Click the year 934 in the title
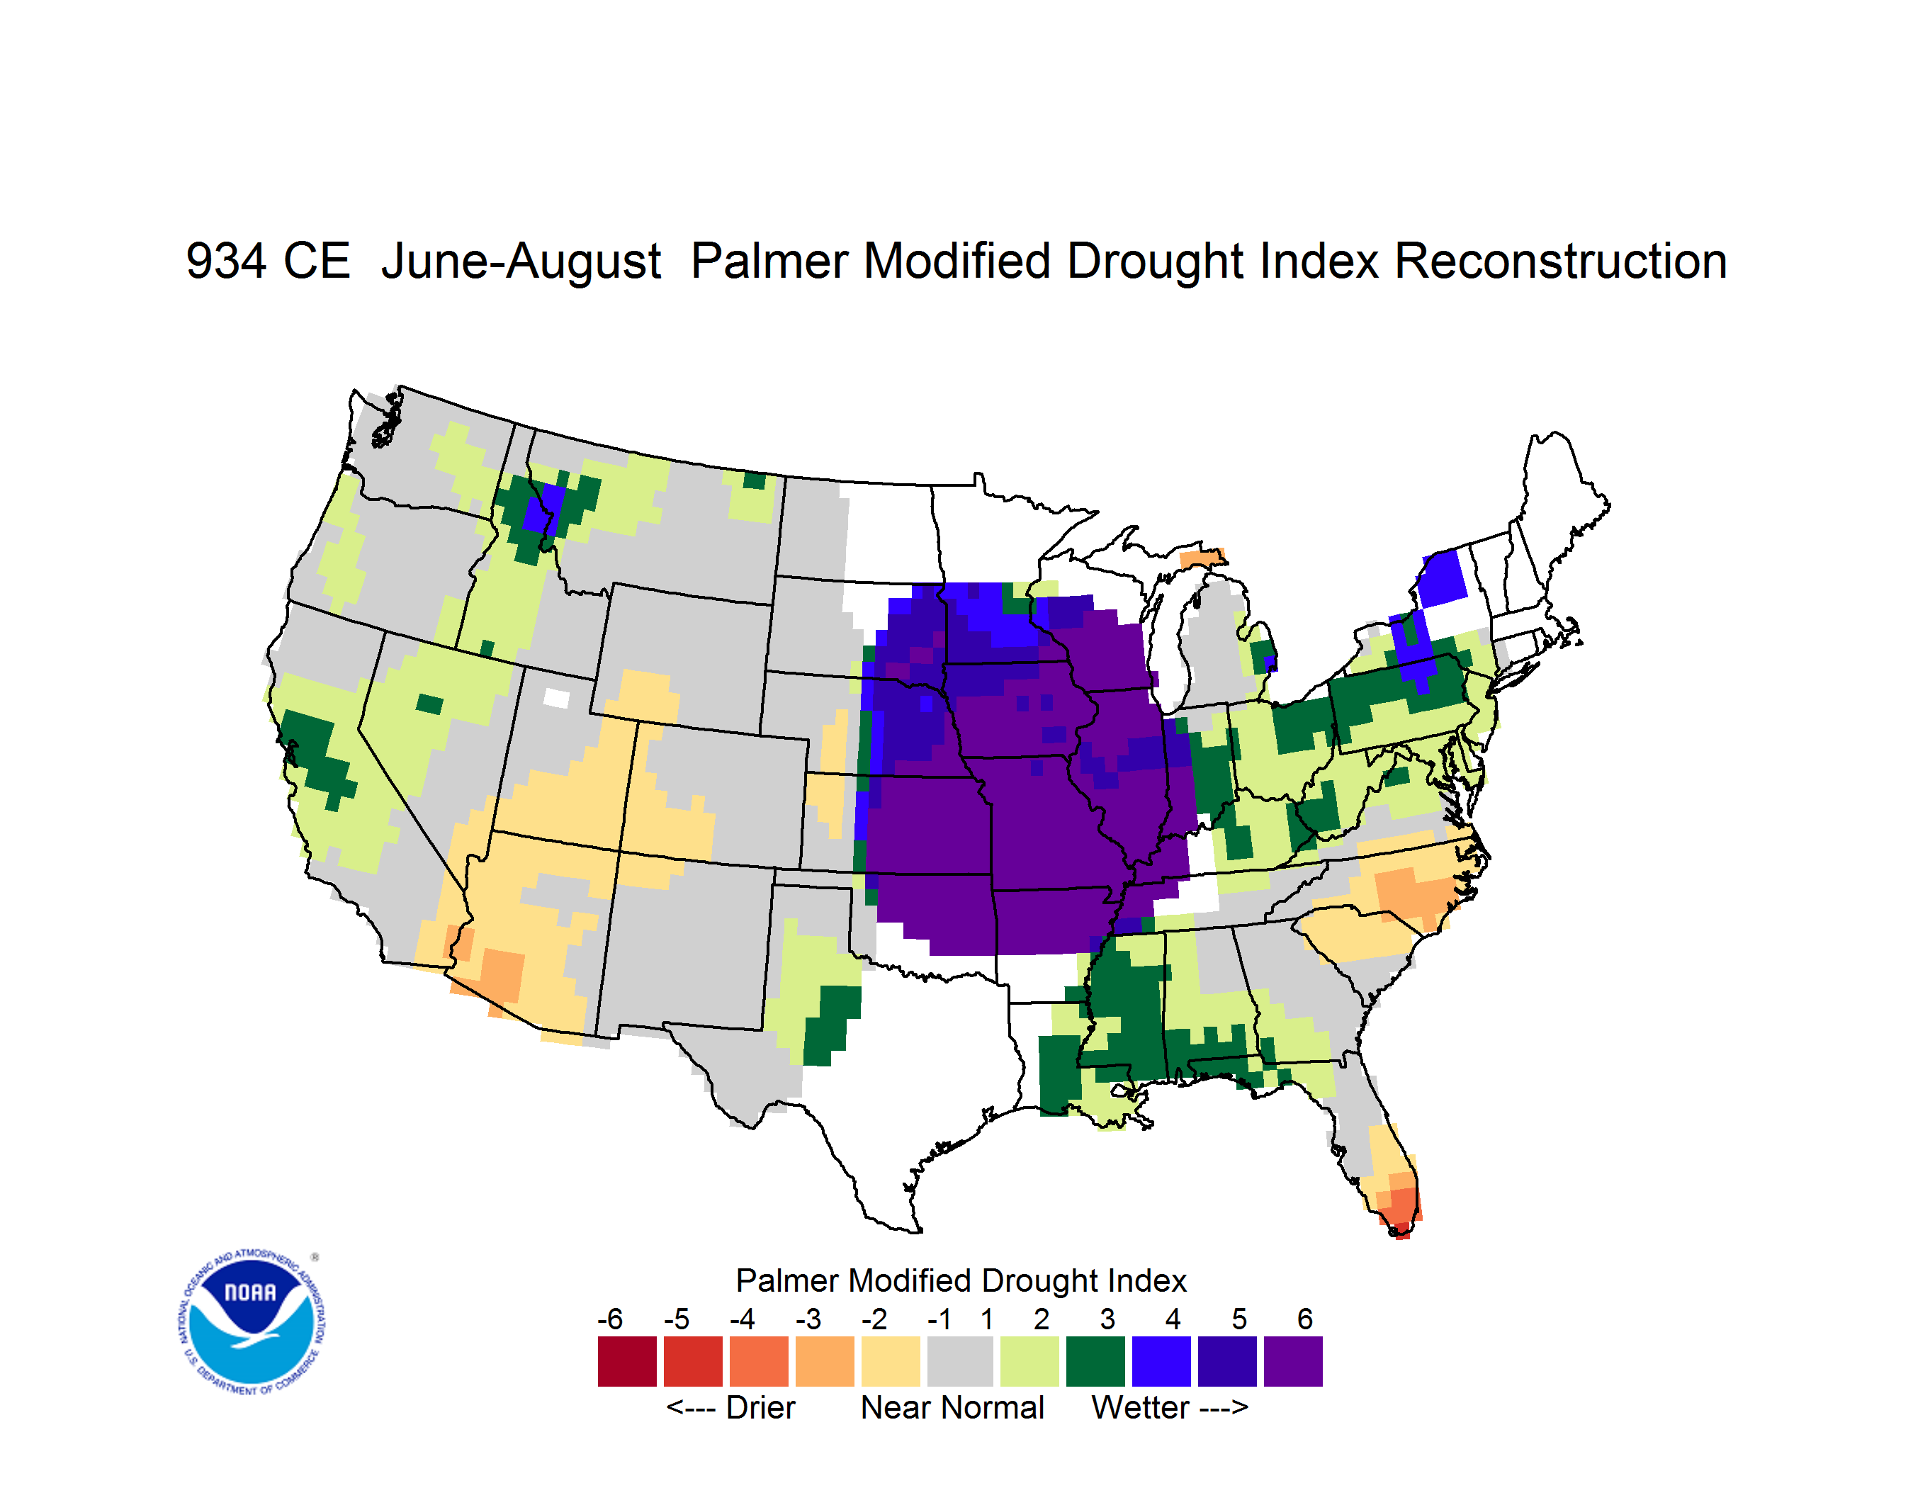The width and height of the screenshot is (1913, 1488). [226, 261]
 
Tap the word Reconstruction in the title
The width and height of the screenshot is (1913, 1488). [1560, 261]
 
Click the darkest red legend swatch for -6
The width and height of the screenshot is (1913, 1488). [627, 1361]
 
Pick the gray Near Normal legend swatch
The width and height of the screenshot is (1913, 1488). [960, 1361]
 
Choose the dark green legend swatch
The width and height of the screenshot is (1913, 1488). [1095, 1361]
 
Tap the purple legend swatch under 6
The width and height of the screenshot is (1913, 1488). [1293, 1361]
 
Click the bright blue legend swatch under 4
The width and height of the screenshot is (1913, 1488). [1161, 1361]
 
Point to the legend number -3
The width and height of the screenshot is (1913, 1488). [808, 1319]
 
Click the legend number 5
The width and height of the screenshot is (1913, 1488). [1238, 1319]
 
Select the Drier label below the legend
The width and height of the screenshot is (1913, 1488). [760, 1407]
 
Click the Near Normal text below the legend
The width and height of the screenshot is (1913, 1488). [952, 1407]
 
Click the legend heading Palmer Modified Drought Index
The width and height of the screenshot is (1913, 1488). [961, 1280]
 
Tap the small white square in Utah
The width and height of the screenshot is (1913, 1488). [555, 698]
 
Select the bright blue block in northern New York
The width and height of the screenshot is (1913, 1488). [1441, 578]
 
